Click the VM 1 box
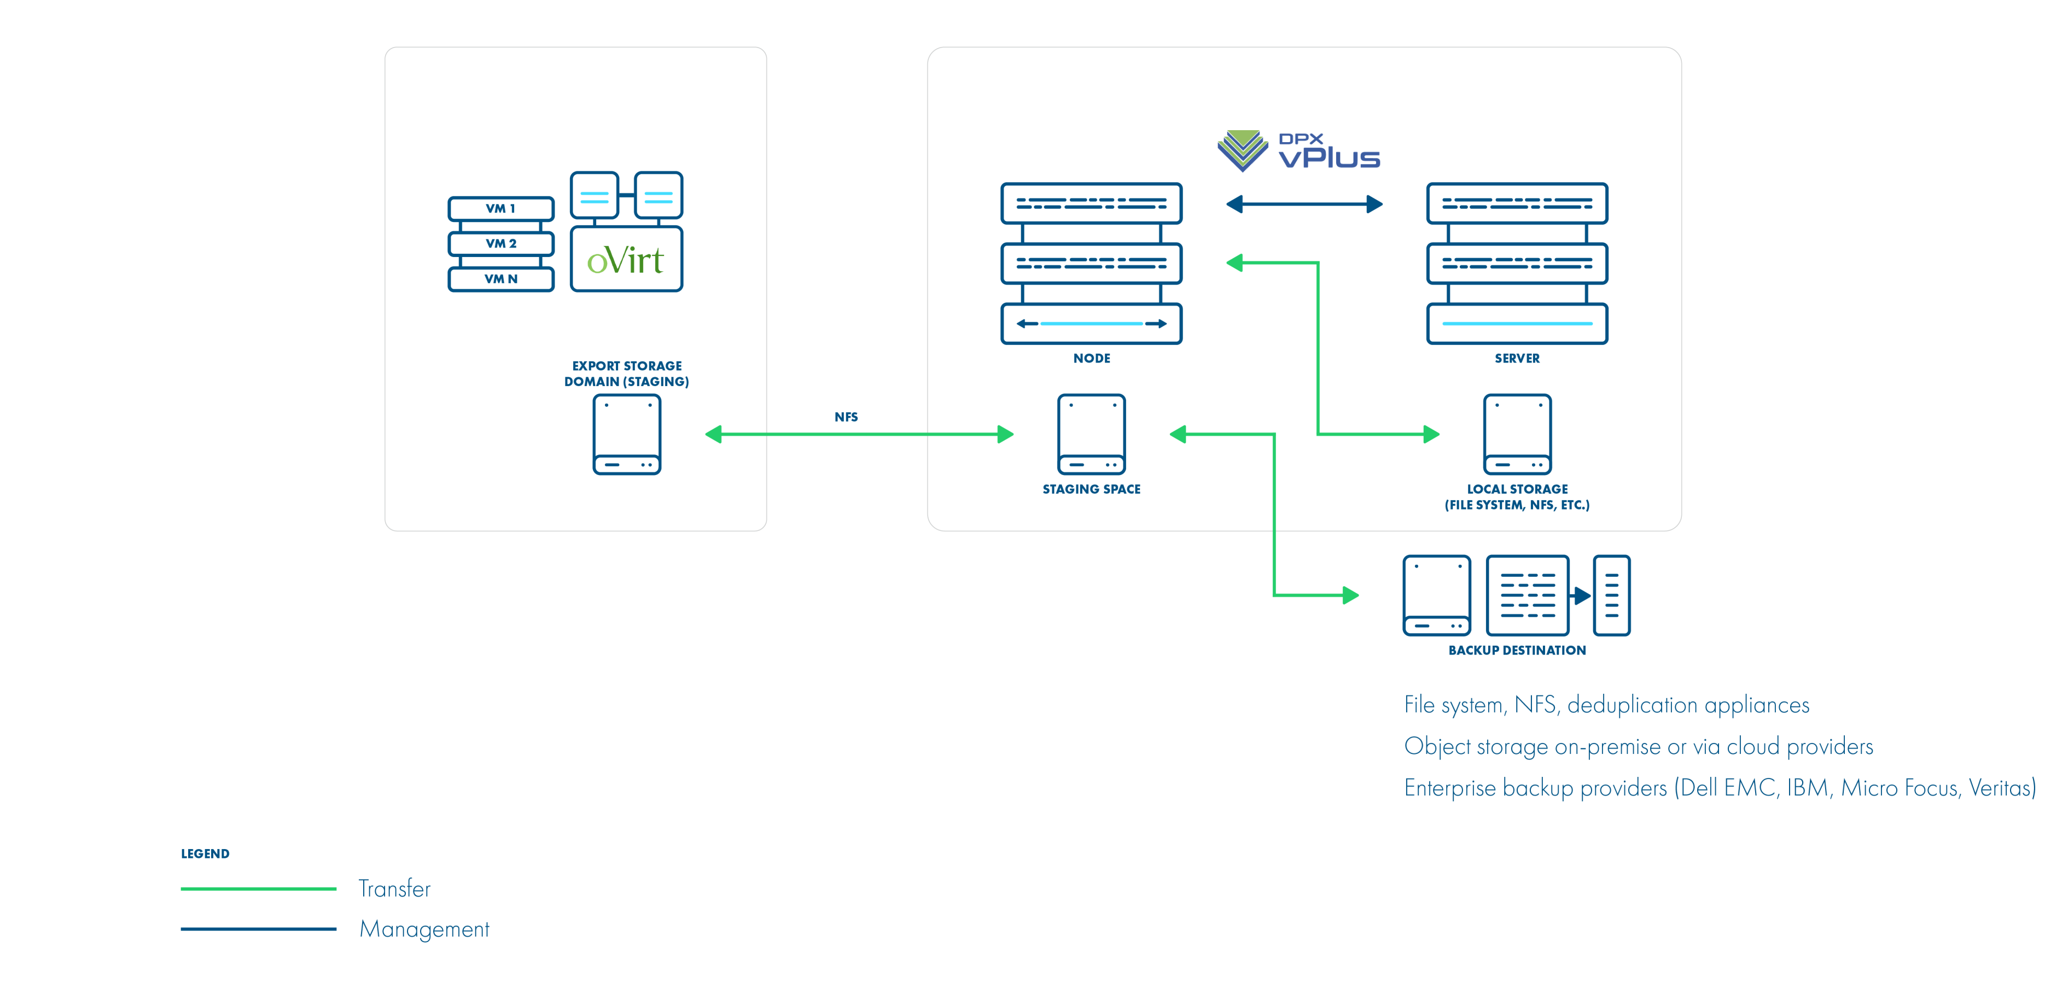(x=501, y=209)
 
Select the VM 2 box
(x=501, y=243)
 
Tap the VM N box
(x=501, y=278)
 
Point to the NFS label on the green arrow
(x=846, y=417)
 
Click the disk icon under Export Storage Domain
(x=626, y=434)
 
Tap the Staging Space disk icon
(x=1091, y=434)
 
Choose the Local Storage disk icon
(x=1517, y=434)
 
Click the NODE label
(x=1092, y=359)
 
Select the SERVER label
(x=1517, y=359)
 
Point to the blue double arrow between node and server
(x=1304, y=204)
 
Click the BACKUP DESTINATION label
(x=1517, y=650)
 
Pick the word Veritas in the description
(x=2002, y=788)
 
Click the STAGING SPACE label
(x=1091, y=489)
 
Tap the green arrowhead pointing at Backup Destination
(x=1350, y=595)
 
